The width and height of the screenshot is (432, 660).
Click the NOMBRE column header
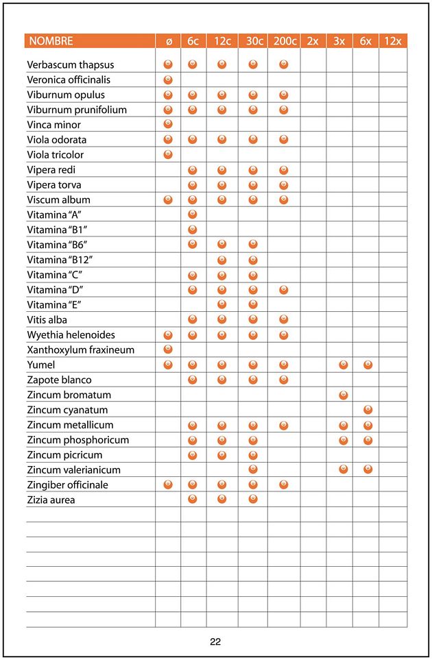50,41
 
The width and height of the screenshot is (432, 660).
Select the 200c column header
284,41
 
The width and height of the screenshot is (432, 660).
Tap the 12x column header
392,41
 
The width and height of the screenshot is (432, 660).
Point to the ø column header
169,41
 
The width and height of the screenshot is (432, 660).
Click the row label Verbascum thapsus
71,64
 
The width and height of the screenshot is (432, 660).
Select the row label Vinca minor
54,125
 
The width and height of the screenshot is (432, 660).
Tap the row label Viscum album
59,200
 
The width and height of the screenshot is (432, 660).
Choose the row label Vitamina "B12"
60,260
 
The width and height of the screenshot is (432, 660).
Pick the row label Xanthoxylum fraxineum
81,350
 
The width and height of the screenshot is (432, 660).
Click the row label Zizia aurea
51,500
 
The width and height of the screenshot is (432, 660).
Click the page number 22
215,642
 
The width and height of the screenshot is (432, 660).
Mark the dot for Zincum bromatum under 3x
343,395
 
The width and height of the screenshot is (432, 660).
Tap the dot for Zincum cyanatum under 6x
368,410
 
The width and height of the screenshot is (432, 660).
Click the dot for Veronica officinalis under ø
168,80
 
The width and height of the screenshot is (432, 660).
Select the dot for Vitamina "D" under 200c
284,290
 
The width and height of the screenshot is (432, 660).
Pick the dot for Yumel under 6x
368,365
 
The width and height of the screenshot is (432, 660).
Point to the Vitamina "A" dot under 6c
193,215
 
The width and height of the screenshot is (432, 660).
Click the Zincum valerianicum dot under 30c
252,469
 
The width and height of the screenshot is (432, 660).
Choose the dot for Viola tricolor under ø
168,154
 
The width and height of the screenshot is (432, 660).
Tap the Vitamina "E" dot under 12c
221,304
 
